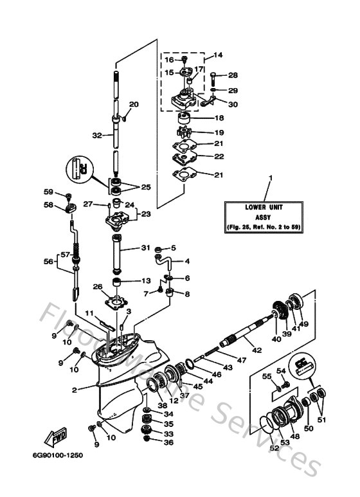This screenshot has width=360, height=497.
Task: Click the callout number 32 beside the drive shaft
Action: click(x=96, y=136)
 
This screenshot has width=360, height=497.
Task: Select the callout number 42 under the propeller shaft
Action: click(x=257, y=350)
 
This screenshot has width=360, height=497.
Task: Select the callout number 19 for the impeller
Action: click(x=219, y=132)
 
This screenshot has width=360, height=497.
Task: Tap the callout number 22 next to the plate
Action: click(x=219, y=156)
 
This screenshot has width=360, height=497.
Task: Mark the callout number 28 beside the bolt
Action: click(x=233, y=75)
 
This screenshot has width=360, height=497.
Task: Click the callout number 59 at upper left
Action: click(x=48, y=191)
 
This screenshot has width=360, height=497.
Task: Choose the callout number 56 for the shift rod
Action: click(x=48, y=262)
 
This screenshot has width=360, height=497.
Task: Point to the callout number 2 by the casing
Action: click(x=75, y=390)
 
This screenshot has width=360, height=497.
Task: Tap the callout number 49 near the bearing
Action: click(x=305, y=324)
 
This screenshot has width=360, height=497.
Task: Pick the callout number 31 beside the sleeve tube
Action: click(x=145, y=248)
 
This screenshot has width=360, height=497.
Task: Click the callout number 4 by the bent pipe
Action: click(x=188, y=262)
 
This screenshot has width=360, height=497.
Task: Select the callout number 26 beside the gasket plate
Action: click(x=98, y=286)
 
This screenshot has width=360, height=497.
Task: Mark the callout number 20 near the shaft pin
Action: click(x=134, y=104)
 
